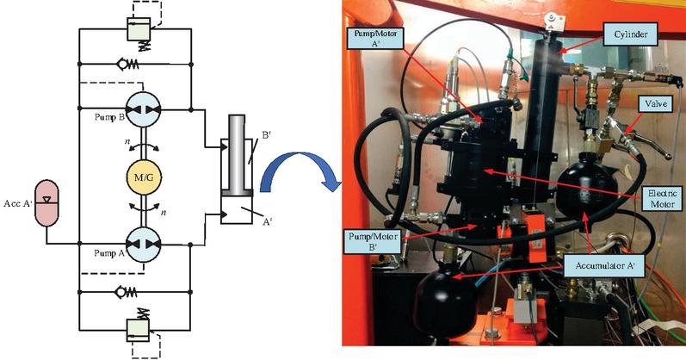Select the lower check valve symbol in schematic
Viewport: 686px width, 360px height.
(135, 292)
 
